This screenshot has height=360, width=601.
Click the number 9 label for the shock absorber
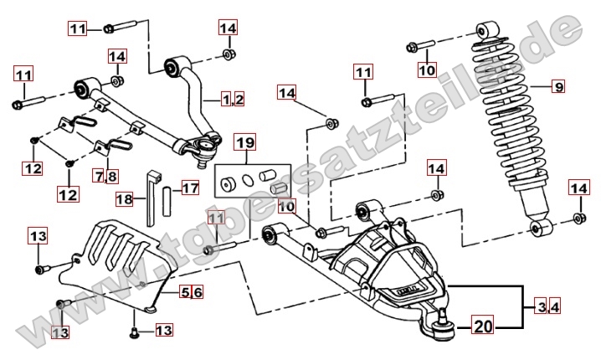(558, 85)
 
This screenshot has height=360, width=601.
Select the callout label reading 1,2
(233, 100)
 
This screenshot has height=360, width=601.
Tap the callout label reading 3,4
(548, 308)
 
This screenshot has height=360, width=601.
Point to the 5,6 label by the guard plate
(192, 291)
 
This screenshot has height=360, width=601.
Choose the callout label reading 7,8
(106, 176)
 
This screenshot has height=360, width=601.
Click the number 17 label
(190, 188)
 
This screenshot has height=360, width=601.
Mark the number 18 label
(125, 199)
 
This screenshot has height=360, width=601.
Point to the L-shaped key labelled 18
(153, 198)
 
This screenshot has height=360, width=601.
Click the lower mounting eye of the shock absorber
(541, 229)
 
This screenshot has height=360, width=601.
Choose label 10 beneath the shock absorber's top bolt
(427, 69)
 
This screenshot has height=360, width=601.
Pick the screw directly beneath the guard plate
(134, 332)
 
